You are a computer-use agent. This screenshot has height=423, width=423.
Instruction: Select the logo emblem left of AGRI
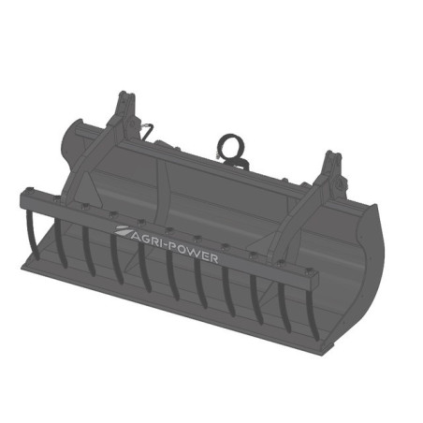tap(123, 229)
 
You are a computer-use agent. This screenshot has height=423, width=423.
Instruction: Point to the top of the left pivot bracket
tap(122, 99)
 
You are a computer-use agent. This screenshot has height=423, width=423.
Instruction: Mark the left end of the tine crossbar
tap(26, 198)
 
